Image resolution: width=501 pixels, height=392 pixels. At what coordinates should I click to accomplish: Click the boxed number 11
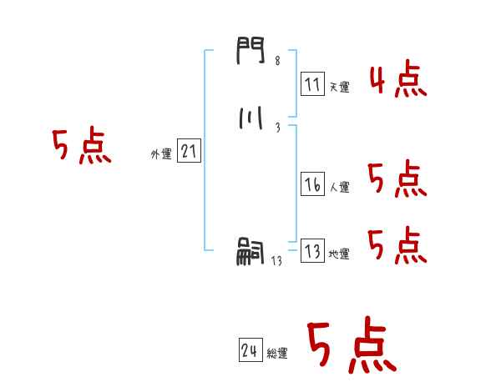coord(312,84)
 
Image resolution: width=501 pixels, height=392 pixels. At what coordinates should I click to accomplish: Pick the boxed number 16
coord(312,185)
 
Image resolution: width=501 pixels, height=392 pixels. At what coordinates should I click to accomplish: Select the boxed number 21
coord(189,152)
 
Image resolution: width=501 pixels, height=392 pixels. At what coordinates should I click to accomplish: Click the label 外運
coord(160,154)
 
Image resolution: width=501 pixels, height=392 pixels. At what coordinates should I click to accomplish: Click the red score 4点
coord(397,81)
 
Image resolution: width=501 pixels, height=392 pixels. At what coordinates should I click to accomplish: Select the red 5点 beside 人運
coord(397,179)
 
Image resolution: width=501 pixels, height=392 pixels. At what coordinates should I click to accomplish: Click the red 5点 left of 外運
coord(81,148)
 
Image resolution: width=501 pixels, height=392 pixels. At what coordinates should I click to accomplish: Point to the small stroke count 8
coord(276,60)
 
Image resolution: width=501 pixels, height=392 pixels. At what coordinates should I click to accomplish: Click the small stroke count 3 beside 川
coord(276,127)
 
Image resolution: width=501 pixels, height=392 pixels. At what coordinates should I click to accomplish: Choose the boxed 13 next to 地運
coord(312,252)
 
